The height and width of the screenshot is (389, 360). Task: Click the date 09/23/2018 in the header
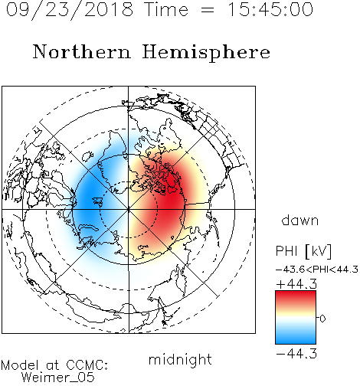(x=70, y=9)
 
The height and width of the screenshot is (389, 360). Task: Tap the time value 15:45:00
(x=270, y=9)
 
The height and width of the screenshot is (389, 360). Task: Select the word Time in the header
(x=166, y=9)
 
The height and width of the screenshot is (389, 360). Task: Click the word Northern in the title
(x=82, y=51)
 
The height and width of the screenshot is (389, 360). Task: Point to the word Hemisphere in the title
(x=206, y=53)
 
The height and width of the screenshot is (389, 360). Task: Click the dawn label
(x=300, y=220)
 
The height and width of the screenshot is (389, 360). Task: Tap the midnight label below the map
(x=180, y=359)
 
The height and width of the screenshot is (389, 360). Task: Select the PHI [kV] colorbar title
(x=303, y=251)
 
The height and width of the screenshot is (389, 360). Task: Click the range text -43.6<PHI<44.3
(x=317, y=270)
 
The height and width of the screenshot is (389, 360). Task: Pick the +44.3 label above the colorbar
(x=296, y=284)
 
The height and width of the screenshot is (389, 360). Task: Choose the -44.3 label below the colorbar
(x=296, y=354)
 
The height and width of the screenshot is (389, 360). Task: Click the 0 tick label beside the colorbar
(x=322, y=319)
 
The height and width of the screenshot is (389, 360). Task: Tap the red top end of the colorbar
(x=296, y=294)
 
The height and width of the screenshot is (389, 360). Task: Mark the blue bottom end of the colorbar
(x=296, y=341)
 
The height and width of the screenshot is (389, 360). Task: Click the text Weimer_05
(x=58, y=377)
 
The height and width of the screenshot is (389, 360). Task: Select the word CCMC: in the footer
(x=87, y=365)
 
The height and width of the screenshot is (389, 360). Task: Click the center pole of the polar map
(x=129, y=209)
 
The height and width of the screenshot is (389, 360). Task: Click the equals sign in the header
(x=208, y=10)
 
